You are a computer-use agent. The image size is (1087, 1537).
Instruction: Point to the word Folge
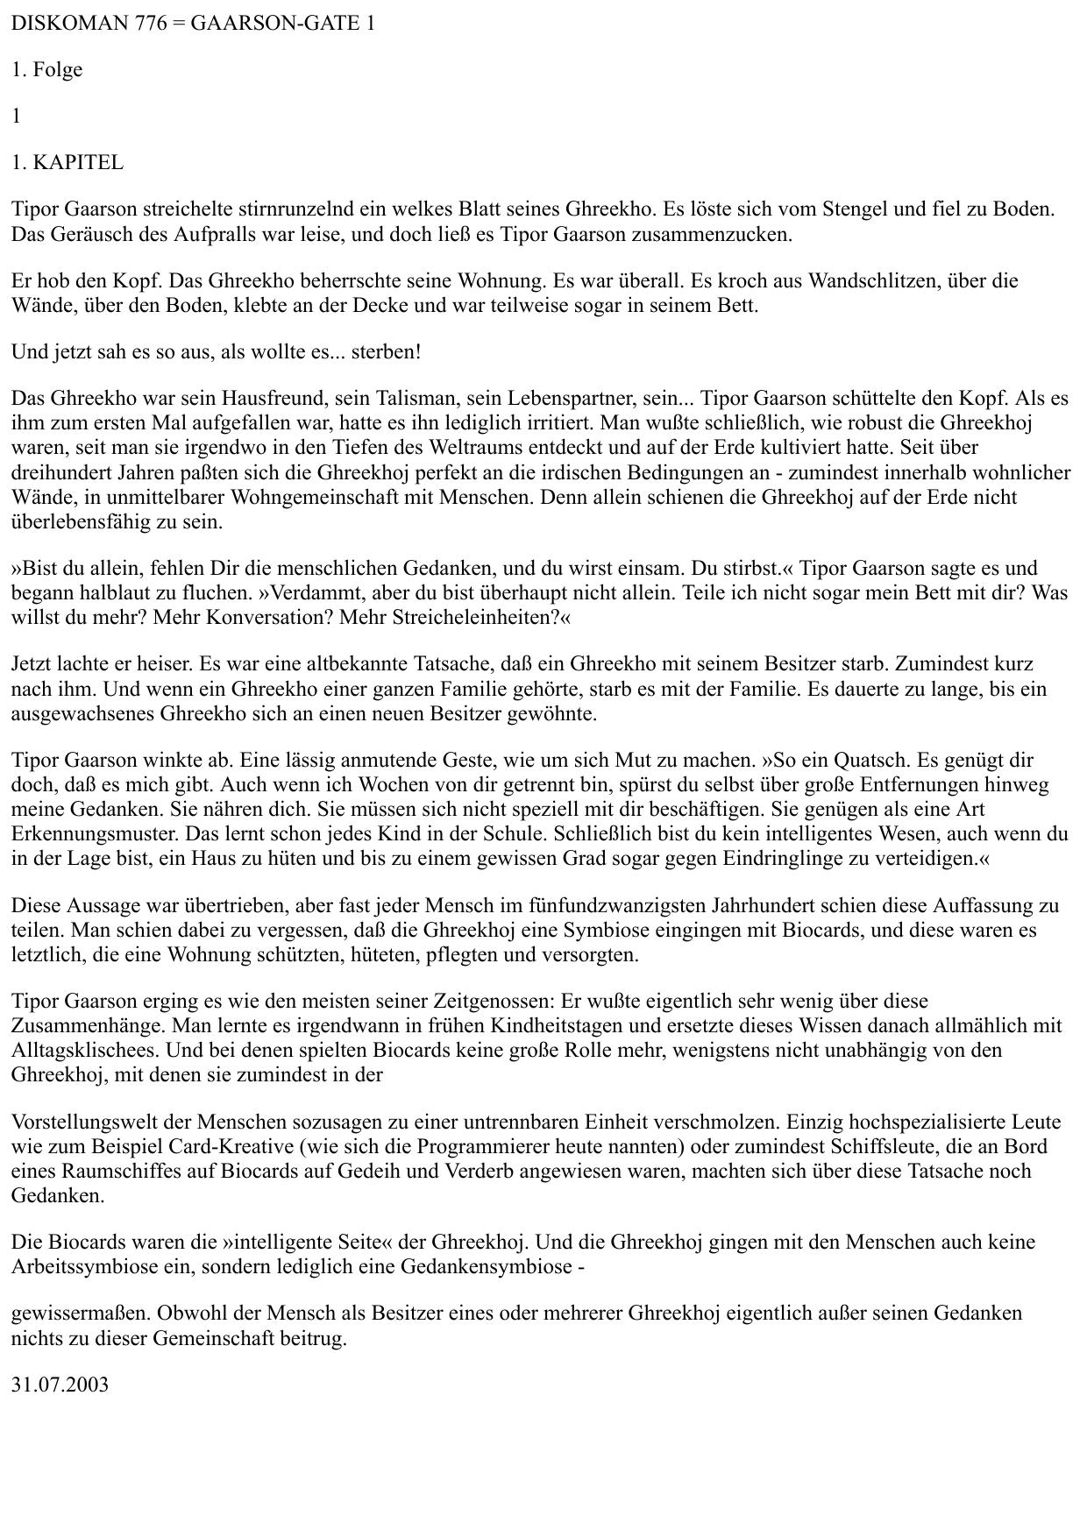coord(58,70)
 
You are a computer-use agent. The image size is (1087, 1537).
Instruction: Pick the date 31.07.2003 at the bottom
coord(60,1385)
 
